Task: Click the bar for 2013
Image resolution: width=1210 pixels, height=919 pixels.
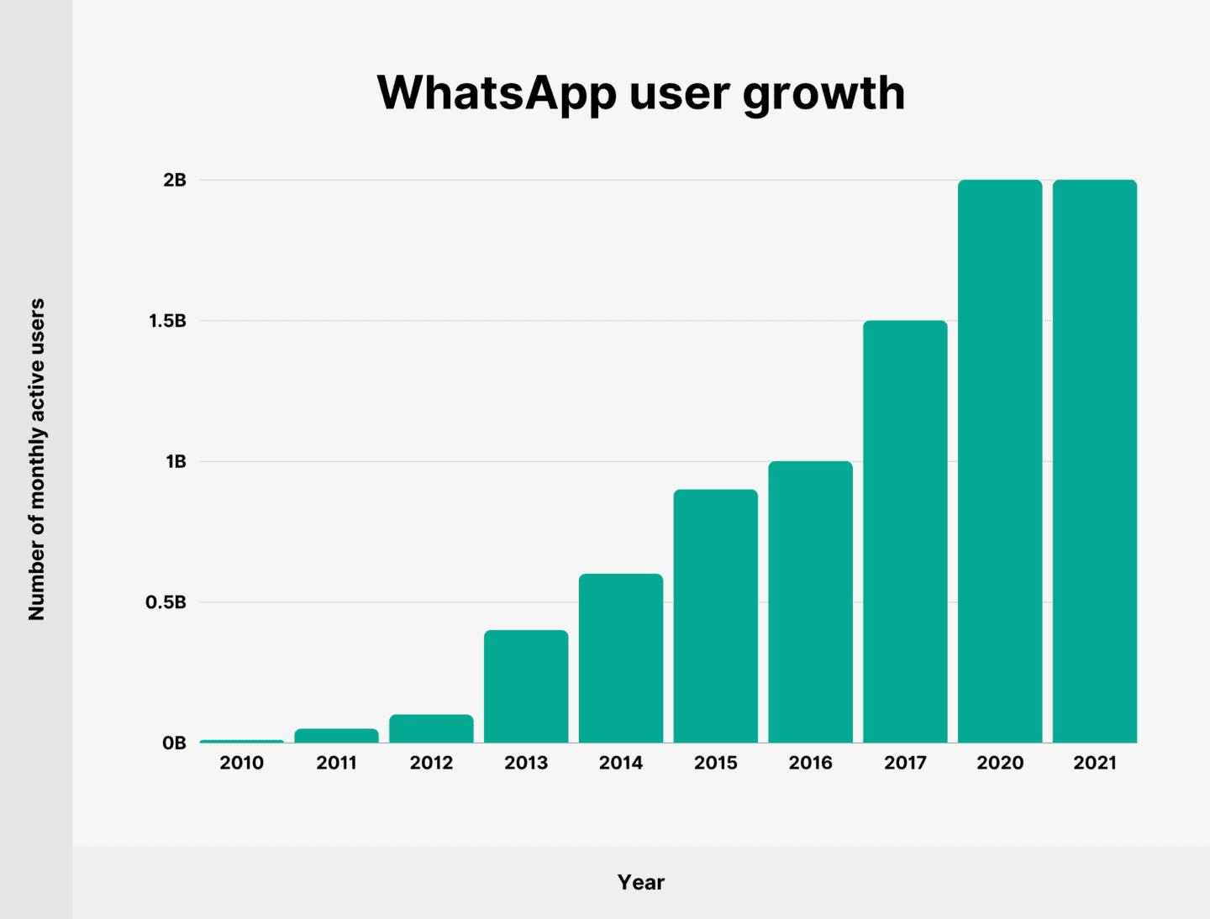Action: [526, 686]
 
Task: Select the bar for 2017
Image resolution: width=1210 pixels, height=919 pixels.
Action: [905, 532]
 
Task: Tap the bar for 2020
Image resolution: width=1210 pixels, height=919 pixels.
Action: [1000, 461]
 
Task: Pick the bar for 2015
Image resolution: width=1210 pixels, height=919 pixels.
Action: [716, 616]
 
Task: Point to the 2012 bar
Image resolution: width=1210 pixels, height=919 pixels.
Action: [431, 728]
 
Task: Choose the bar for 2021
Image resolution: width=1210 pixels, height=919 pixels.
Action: [1095, 461]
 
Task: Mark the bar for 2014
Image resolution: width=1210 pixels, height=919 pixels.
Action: [621, 658]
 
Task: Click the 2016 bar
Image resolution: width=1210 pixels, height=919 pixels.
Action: [810, 601]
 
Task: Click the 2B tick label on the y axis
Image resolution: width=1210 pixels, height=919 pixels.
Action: [174, 180]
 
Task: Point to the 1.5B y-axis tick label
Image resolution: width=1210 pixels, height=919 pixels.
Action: [167, 321]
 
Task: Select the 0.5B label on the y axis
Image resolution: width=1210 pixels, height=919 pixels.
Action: [166, 602]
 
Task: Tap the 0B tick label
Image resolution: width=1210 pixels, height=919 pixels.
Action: [174, 743]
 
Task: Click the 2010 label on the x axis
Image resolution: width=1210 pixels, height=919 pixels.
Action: [242, 763]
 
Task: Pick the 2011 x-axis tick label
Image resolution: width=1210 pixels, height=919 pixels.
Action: [336, 763]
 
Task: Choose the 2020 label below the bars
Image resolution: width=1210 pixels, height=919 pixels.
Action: [1000, 763]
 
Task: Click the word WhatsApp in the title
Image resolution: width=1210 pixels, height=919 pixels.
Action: [497, 93]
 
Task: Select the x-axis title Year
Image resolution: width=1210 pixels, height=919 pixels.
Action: [640, 882]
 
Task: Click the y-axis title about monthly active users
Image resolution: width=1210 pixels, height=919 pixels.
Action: [36, 459]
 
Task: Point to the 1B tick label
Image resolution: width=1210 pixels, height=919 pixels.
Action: [176, 461]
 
